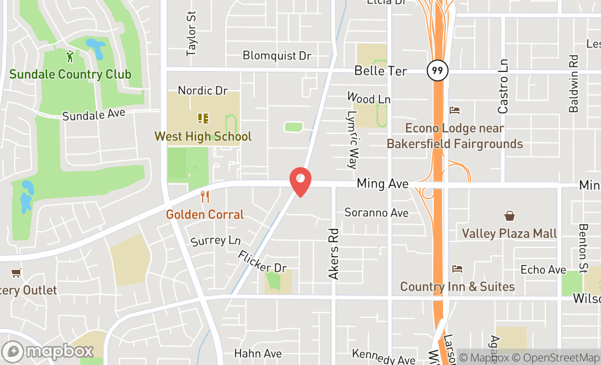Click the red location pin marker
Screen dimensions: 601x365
pos(300,181)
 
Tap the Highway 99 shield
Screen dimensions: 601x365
pos(437,70)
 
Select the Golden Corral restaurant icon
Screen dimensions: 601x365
pos(205,197)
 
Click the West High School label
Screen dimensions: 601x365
pos(203,136)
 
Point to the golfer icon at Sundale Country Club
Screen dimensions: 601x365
pos(70,56)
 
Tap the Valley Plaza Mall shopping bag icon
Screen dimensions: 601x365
pos(509,216)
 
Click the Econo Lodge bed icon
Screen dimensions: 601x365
pos(455,110)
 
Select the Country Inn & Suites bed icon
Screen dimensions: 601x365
pos(457,269)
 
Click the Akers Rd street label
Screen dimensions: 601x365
pos(334,254)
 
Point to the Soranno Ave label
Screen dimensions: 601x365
pos(376,212)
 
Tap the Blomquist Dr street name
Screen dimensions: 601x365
pos(276,56)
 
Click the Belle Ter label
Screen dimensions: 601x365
pos(381,70)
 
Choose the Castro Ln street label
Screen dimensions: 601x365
pos(503,86)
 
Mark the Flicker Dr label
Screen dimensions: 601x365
pos(262,261)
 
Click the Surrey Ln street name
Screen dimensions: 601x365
pos(216,240)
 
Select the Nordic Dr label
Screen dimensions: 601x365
pos(203,90)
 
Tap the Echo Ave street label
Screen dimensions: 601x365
pos(543,269)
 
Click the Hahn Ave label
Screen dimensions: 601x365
pos(258,354)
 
